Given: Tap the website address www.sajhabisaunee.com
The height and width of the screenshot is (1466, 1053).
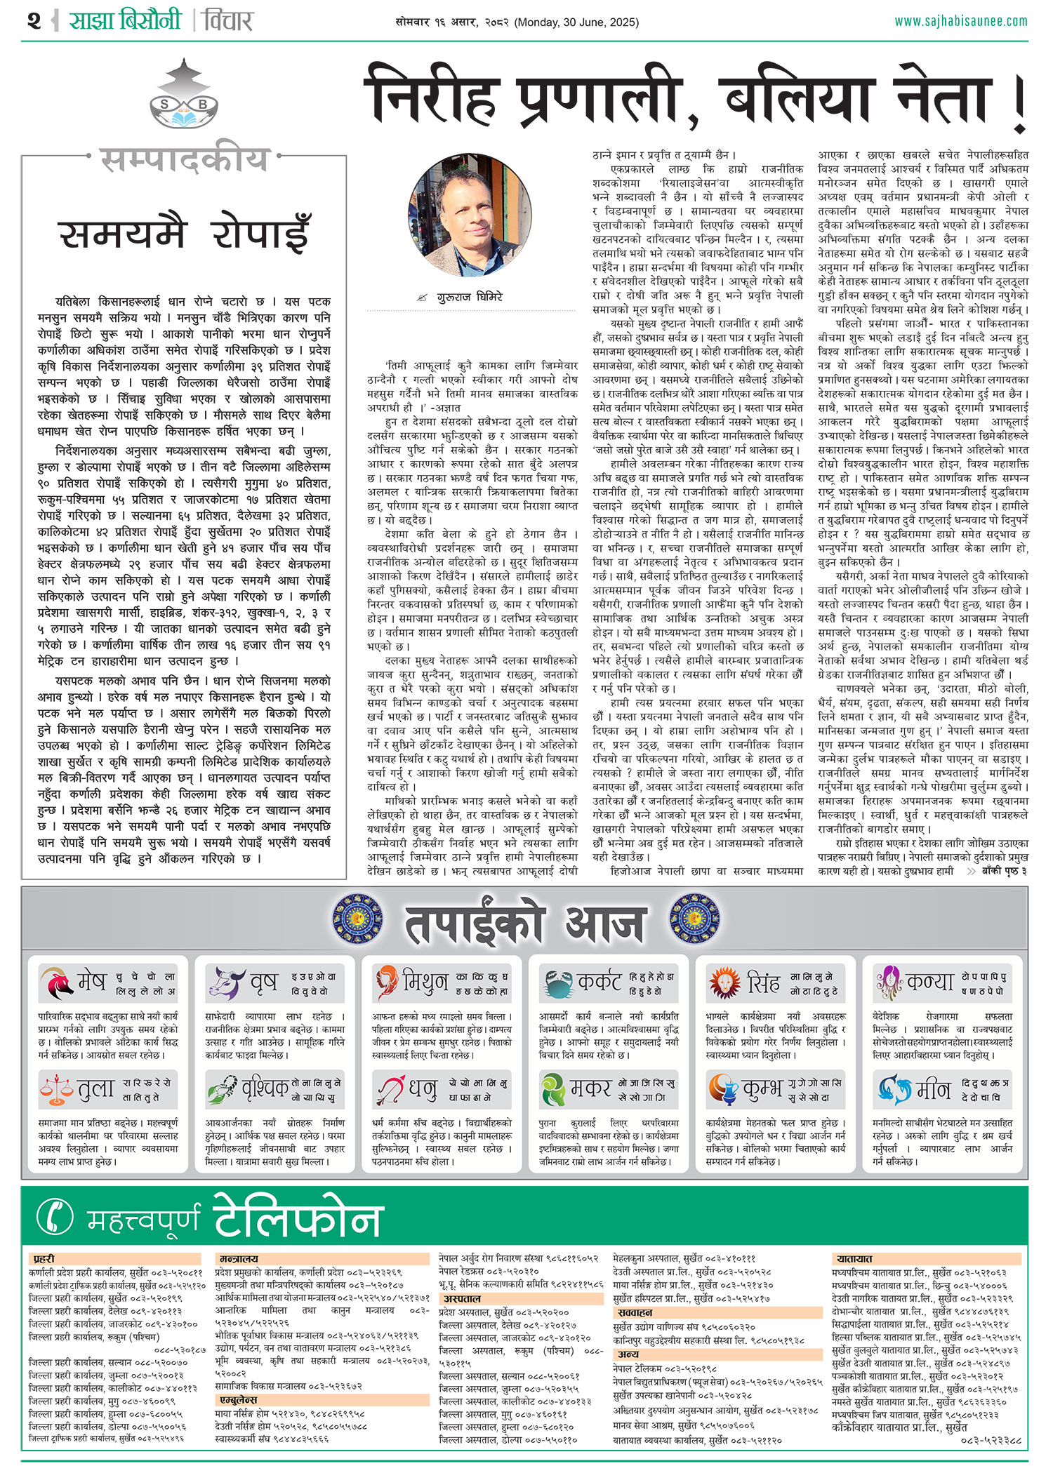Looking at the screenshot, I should pyautogui.click(x=960, y=21).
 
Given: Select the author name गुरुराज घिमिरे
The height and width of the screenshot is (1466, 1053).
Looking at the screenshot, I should pyautogui.click(x=470, y=297).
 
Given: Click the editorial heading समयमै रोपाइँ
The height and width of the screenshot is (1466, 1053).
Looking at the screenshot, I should pyautogui.click(x=184, y=234).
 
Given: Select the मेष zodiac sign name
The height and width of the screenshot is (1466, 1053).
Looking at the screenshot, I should pyautogui.click(x=91, y=981).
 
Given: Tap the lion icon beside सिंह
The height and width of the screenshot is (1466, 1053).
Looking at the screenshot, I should pyautogui.click(x=724, y=982).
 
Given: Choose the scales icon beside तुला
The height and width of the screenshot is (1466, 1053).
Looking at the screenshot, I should pyautogui.click(x=56, y=1088).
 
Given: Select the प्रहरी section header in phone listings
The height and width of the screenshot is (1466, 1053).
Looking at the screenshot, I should pyautogui.click(x=44, y=1259).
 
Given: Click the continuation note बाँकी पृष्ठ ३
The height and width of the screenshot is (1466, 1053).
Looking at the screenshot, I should pyautogui.click(x=1003, y=871).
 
